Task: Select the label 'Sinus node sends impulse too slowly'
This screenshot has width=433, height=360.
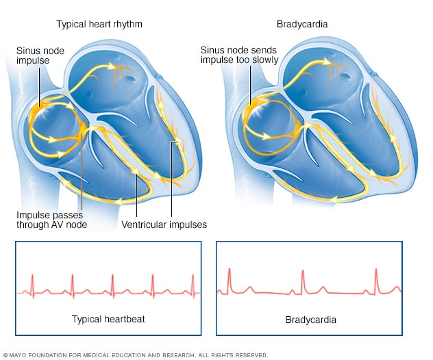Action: coord(239,55)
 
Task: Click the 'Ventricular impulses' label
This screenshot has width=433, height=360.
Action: coord(164,224)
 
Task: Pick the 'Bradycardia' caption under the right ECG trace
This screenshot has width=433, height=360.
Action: coord(308,320)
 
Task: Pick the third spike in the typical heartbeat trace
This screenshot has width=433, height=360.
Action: coord(113,282)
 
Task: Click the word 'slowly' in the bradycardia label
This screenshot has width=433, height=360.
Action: coord(266,60)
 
